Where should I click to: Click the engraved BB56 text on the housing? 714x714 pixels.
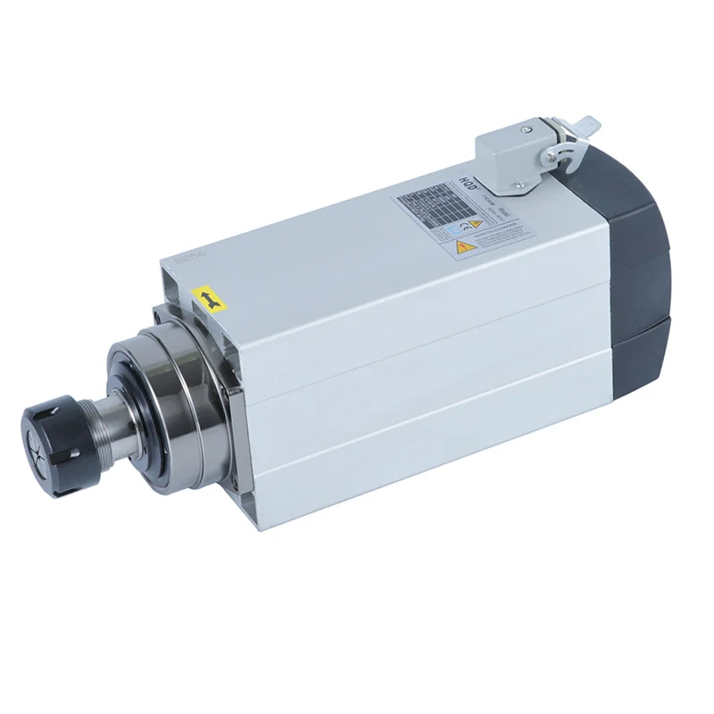pyautogui.click(x=189, y=257)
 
